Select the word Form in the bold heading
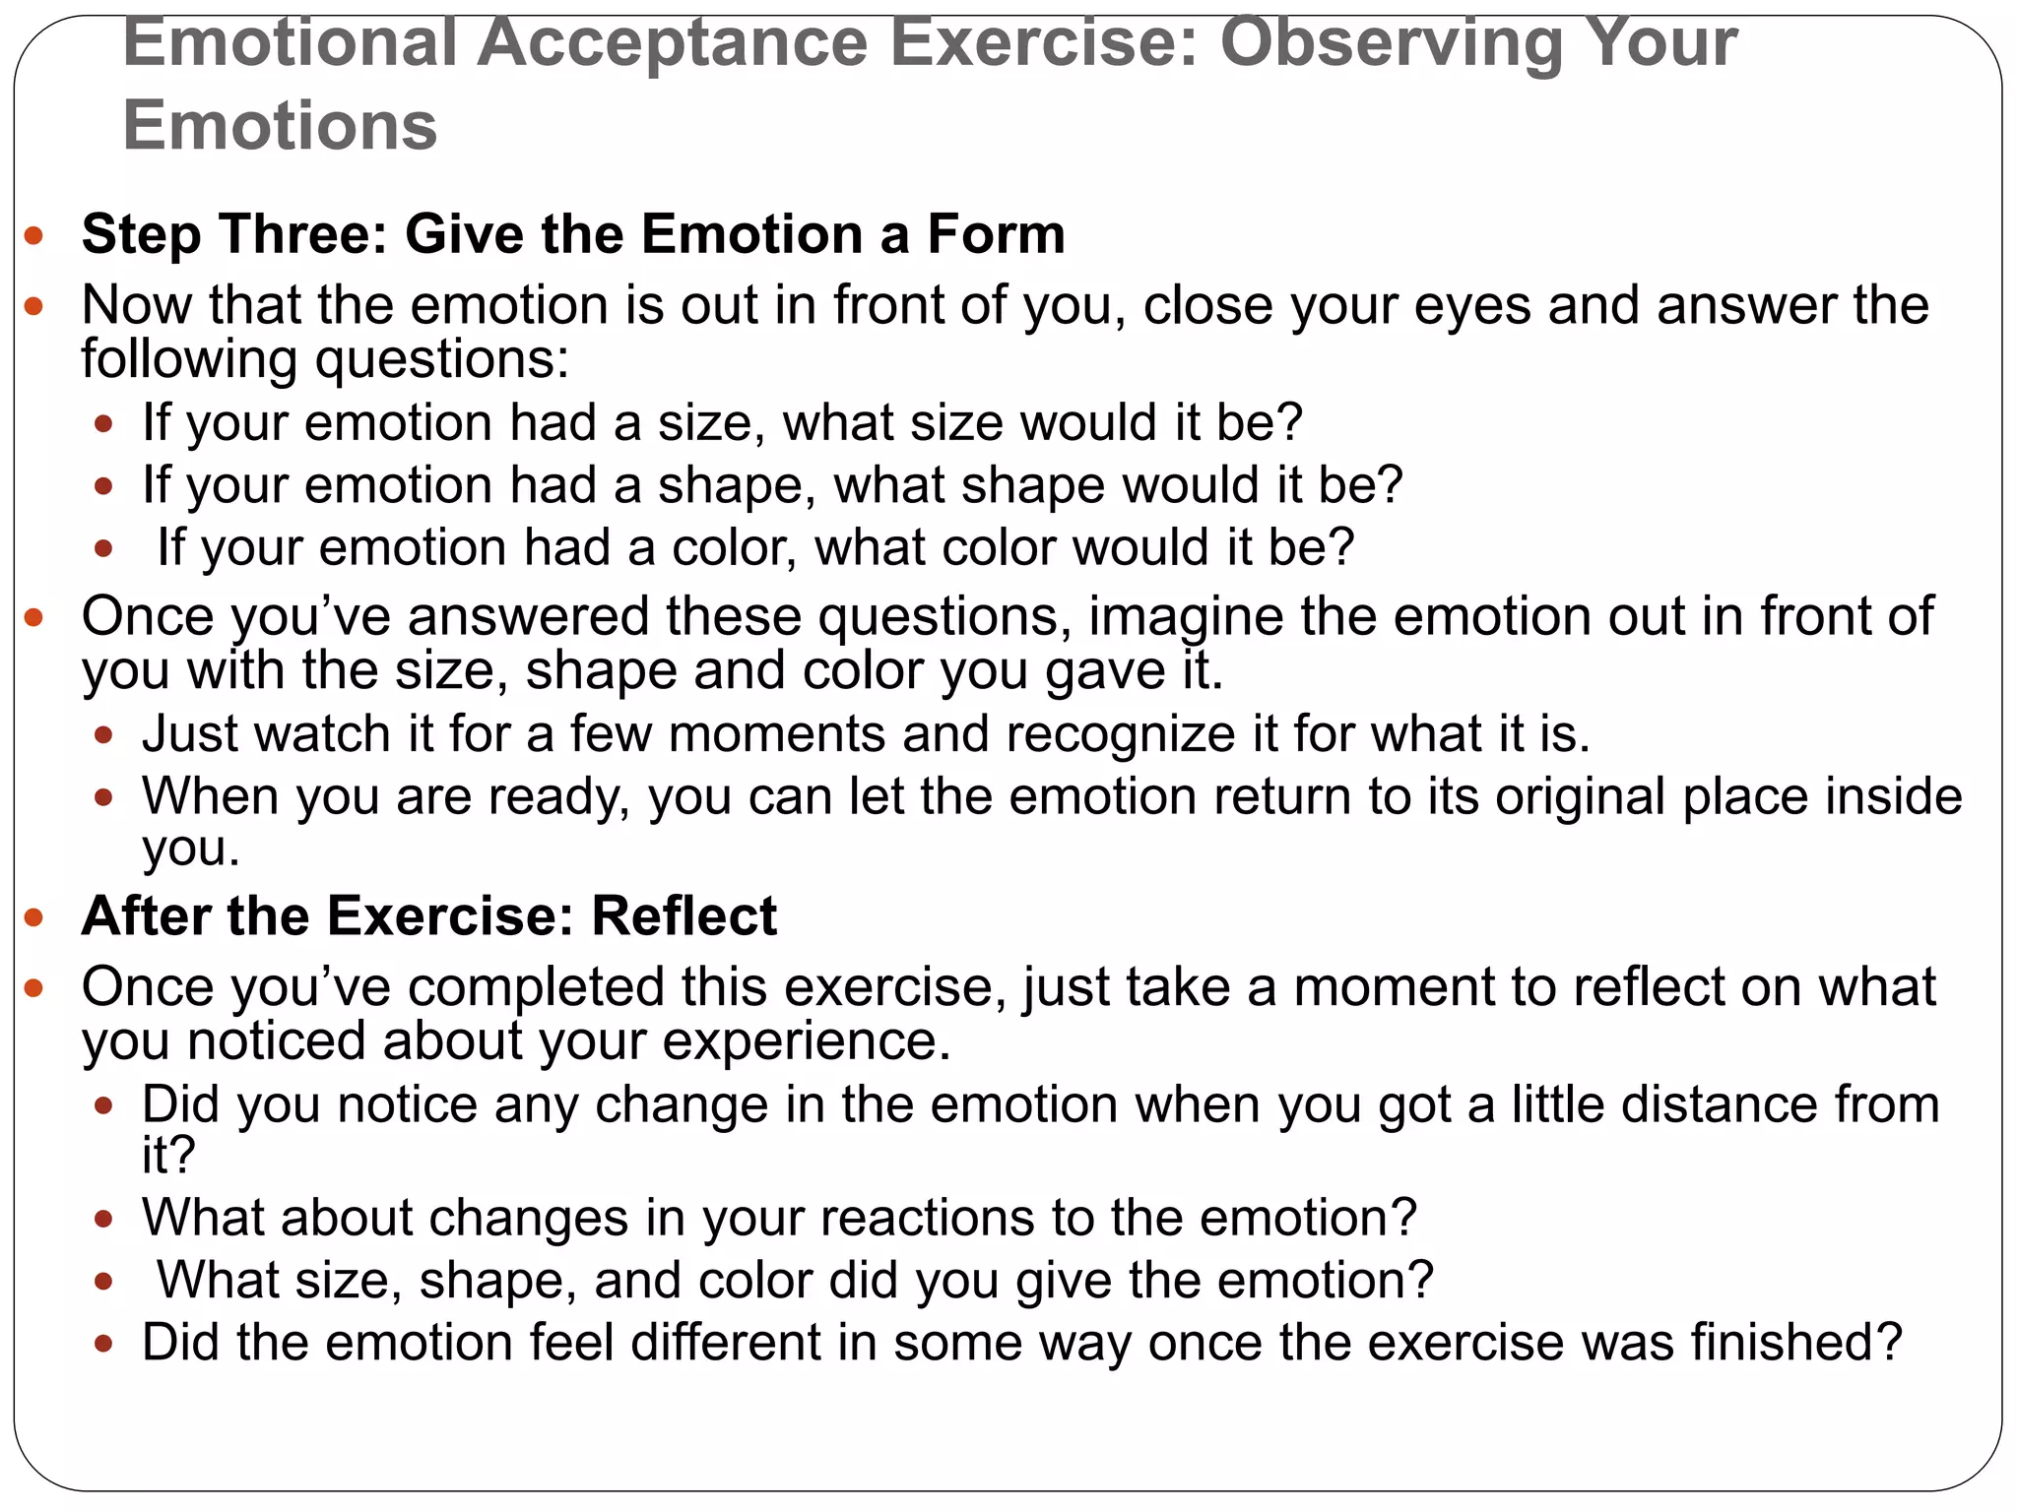click(996, 234)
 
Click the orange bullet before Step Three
click(34, 235)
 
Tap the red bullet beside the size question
click(104, 424)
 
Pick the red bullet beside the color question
click(104, 548)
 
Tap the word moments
click(776, 734)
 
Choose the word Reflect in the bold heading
click(683, 916)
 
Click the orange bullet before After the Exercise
click(34, 918)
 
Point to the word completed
click(537, 987)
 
